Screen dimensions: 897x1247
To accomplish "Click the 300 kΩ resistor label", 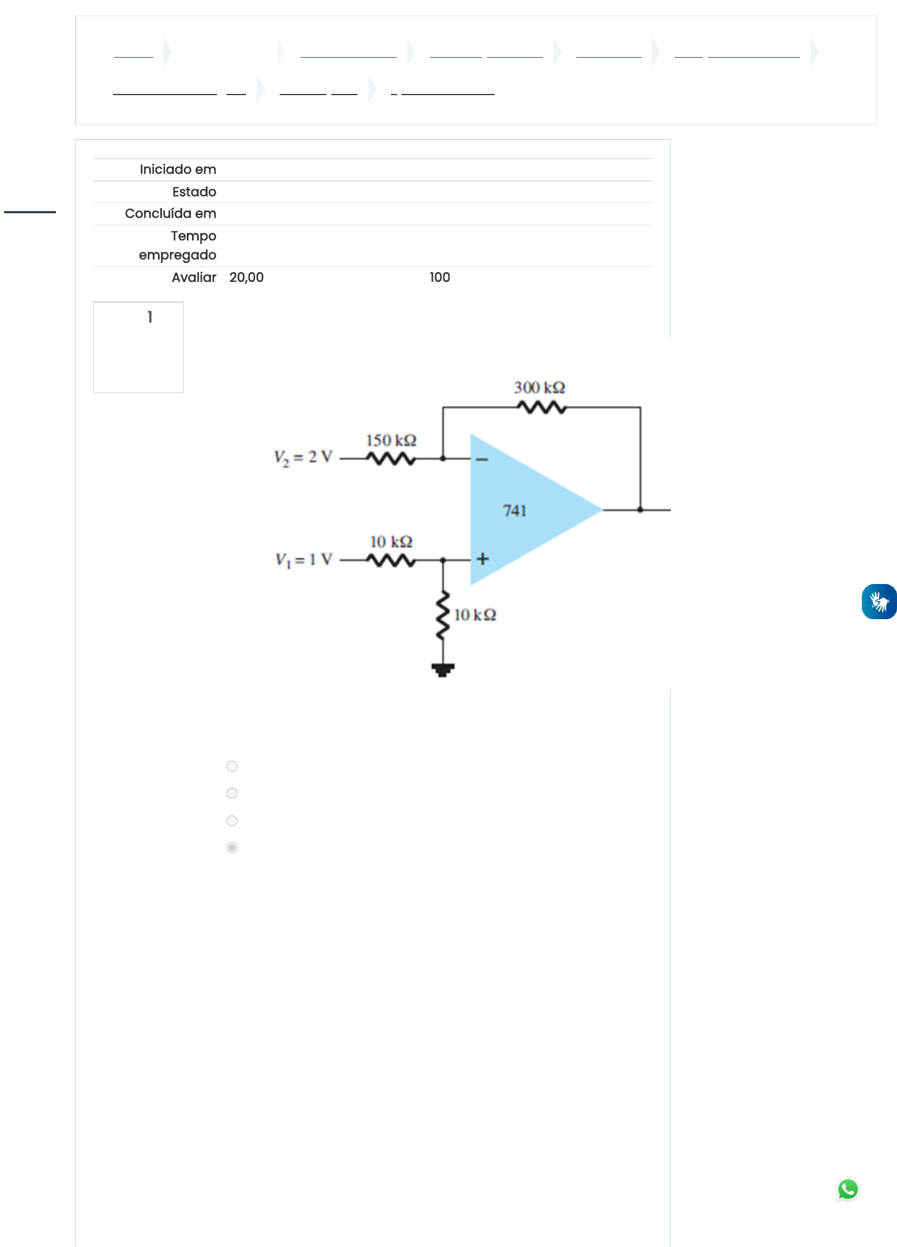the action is click(x=539, y=387).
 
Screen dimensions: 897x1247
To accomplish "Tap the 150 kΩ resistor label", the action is click(x=391, y=440).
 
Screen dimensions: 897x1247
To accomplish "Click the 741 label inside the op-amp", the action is click(x=515, y=511).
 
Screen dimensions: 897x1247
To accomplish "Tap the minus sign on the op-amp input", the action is click(x=483, y=459).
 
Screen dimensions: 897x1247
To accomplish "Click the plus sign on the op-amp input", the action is click(x=483, y=559).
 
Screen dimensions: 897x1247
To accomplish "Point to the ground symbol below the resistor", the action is click(x=443, y=670).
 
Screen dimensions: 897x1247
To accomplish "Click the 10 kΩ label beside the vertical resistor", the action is click(x=475, y=615).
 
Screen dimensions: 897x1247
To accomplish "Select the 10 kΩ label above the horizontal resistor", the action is click(x=391, y=542).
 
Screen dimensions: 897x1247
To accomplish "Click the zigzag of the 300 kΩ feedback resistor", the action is click(x=541, y=408).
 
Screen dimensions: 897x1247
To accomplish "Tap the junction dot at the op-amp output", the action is click(x=640, y=510).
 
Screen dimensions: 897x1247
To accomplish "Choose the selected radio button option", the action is click(x=232, y=847).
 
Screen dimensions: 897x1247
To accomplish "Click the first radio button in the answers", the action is click(x=232, y=766).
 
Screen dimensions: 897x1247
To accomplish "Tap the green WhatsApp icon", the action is click(x=848, y=1189).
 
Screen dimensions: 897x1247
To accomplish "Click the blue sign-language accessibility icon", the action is click(x=879, y=602).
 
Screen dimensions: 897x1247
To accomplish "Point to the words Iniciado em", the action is click(x=178, y=169).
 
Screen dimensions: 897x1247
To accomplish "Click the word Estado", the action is click(x=194, y=192).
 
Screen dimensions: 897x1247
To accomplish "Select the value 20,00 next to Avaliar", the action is click(x=247, y=277).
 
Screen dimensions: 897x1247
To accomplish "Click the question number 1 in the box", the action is click(x=150, y=317).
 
